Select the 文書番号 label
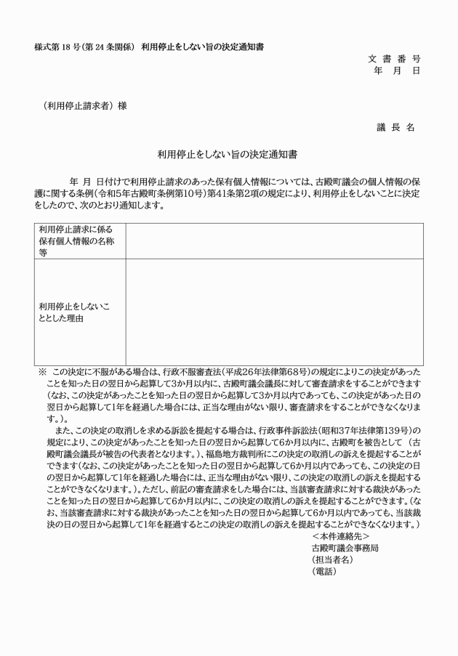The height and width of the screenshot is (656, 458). [x=394, y=58]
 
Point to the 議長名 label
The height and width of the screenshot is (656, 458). [x=395, y=127]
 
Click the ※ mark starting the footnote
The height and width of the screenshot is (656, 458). [x=42, y=371]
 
